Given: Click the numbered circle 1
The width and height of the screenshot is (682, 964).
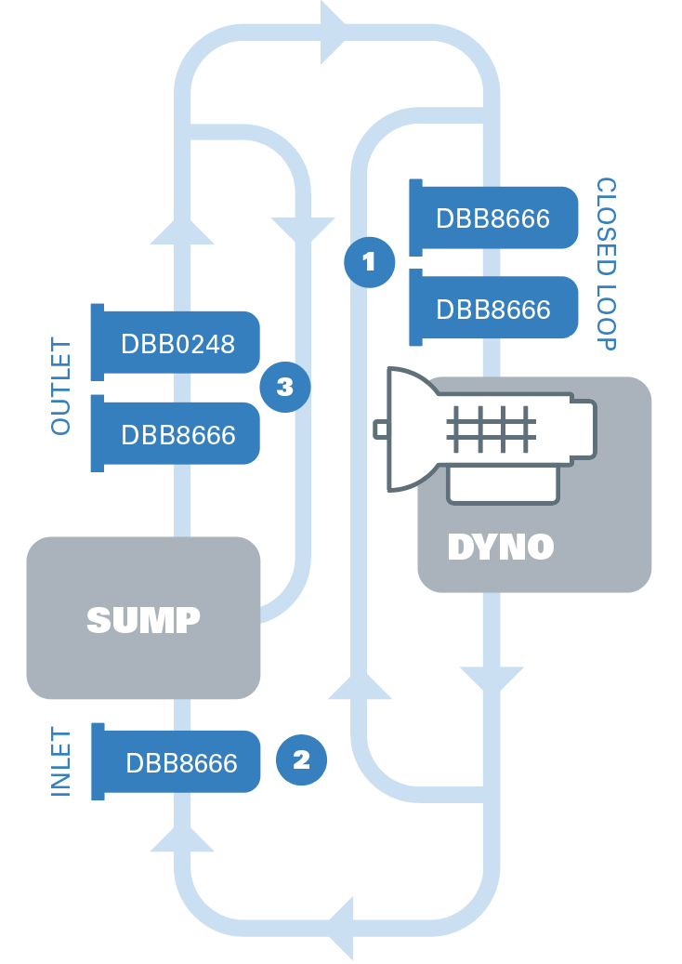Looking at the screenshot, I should coord(369,262).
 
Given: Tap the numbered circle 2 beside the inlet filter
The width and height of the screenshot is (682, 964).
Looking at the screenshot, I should coord(301,760).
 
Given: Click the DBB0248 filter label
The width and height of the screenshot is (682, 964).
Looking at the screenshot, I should coord(177,344).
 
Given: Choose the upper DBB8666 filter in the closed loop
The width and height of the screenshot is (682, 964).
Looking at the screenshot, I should coord(492,218).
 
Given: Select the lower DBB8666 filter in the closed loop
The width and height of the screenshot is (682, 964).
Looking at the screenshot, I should coord(492,309).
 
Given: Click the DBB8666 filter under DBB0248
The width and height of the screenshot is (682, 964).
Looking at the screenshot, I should coord(177,434).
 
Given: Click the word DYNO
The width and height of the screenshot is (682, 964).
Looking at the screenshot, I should coord(500,547).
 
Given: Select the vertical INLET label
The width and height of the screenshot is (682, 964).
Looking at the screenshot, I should coord(61,761).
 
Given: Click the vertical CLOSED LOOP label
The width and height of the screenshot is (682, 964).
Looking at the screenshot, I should coord(606,264).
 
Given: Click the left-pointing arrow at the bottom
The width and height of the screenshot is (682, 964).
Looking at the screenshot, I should coord(341,928).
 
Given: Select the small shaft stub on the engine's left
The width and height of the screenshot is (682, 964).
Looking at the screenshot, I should coord(381,429).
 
